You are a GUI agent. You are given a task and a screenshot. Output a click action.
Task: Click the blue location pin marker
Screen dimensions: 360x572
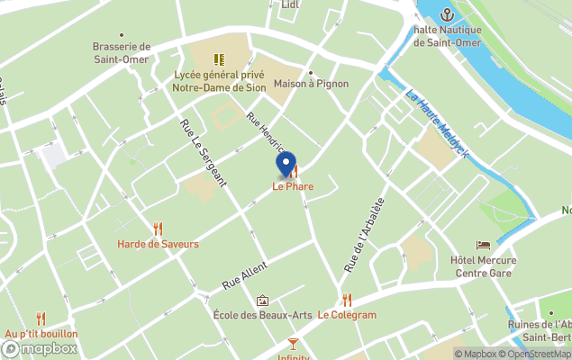[x=286, y=165]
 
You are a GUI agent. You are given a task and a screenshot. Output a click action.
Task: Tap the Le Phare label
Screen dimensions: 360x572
[x=293, y=187]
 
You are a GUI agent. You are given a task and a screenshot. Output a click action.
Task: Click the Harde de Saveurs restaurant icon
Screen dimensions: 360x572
[x=159, y=229]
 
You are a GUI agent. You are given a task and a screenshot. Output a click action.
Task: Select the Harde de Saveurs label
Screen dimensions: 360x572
[x=158, y=244]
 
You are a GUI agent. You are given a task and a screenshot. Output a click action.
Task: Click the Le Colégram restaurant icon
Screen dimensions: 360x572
[x=347, y=300]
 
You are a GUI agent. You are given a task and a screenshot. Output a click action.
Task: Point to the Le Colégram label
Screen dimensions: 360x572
[x=347, y=315]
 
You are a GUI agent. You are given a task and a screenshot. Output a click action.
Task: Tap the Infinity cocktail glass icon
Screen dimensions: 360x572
[x=293, y=343]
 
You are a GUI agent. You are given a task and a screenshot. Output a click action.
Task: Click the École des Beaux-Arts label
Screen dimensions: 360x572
[x=262, y=315]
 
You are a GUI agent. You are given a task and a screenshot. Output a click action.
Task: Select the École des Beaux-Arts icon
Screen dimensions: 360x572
[x=262, y=301]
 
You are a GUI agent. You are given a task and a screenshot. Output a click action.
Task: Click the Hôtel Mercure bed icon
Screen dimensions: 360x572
[x=484, y=245]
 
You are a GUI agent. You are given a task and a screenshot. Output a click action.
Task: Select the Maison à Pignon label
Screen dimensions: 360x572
[x=311, y=84]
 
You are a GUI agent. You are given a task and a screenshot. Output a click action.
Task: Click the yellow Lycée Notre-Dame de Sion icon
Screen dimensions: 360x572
[x=219, y=59]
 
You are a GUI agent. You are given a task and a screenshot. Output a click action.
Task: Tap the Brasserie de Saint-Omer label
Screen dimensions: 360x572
[x=121, y=53]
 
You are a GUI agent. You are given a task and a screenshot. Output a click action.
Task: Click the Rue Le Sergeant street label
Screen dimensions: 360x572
[x=203, y=154]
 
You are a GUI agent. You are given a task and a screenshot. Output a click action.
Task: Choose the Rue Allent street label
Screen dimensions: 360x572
[x=244, y=272]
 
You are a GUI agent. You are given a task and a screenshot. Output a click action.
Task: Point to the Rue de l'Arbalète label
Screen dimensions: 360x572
[x=364, y=235]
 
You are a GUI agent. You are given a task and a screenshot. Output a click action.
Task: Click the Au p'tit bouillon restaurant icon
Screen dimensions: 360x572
[x=41, y=319]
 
